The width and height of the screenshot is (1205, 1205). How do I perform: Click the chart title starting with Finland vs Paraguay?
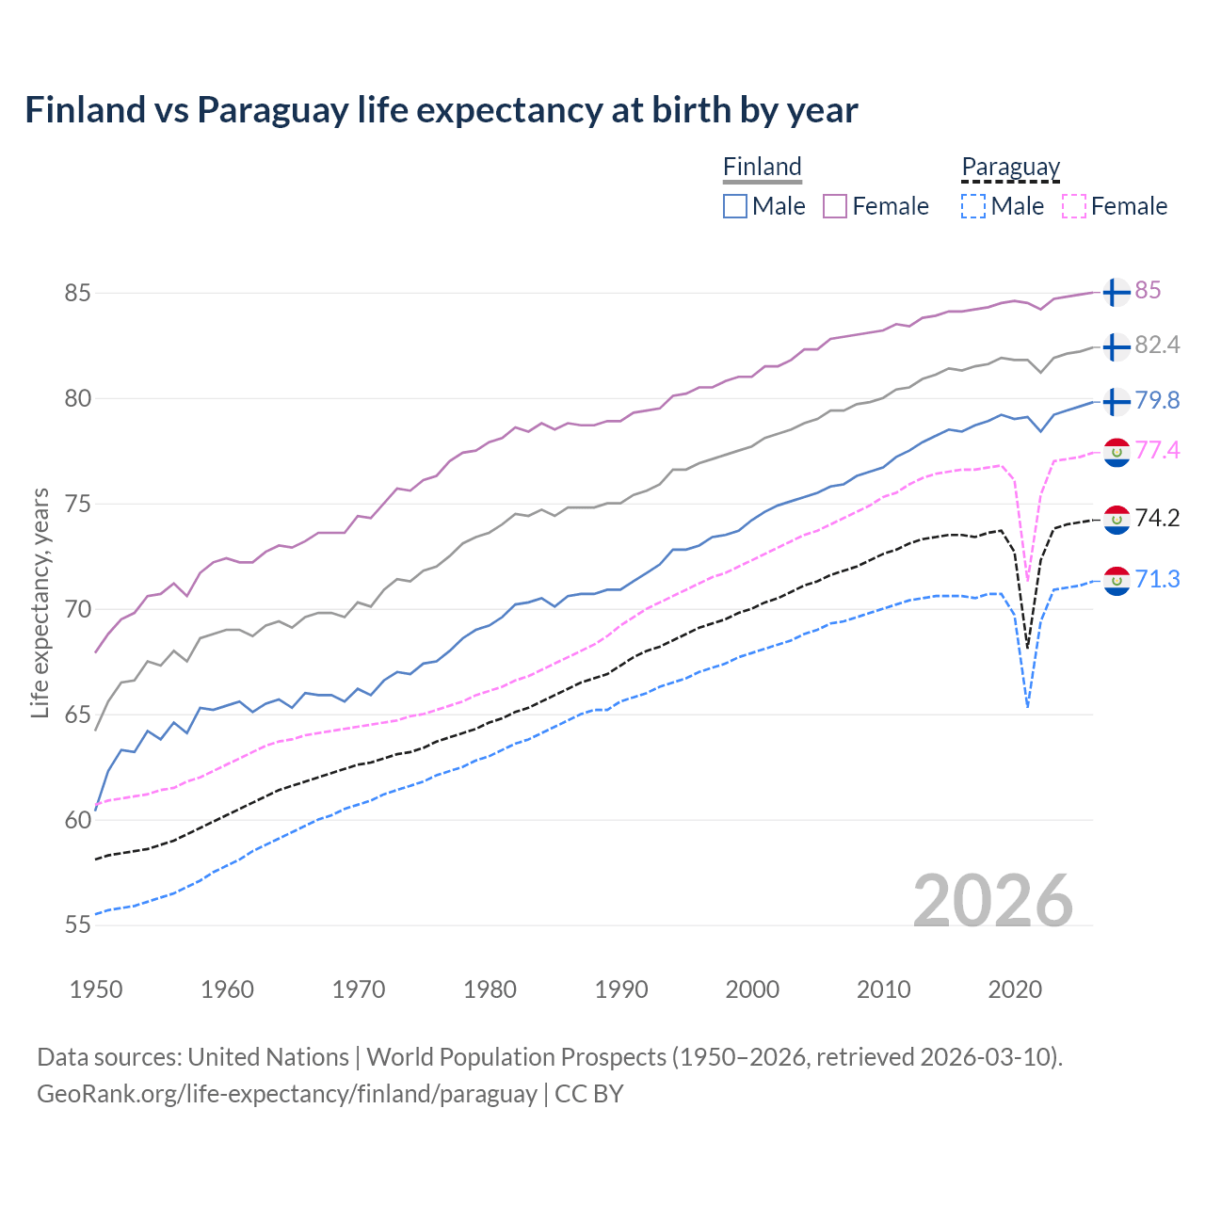441,110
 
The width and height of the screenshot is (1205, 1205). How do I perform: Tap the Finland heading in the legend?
762,167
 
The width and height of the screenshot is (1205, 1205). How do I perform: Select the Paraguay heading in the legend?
1010,167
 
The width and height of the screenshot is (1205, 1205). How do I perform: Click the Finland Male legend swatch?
735,206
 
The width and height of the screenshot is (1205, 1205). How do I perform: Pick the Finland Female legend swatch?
835,206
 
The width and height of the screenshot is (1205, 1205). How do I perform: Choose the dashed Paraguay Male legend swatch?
973,206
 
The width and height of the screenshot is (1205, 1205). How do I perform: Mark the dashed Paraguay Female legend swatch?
1074,206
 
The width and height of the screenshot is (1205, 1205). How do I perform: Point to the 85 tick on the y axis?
77,293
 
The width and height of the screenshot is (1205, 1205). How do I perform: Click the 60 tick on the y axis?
77,820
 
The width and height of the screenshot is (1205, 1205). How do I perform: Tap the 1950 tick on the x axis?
96,989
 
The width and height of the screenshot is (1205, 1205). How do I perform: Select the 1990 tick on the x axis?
621,989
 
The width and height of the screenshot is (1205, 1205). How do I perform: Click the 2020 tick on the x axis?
1015,989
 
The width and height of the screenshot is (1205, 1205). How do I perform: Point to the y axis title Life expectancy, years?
40,602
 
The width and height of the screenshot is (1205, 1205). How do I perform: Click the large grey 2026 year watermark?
992,901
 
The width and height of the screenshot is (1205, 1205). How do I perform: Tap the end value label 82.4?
1157,345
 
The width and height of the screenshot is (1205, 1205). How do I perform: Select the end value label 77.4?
1157,451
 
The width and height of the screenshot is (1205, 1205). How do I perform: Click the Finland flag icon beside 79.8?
1117,401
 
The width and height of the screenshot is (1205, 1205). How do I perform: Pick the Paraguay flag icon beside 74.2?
1117,519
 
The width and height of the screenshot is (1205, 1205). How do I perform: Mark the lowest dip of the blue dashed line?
1027,706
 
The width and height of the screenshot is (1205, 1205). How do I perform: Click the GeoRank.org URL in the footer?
287,1094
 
